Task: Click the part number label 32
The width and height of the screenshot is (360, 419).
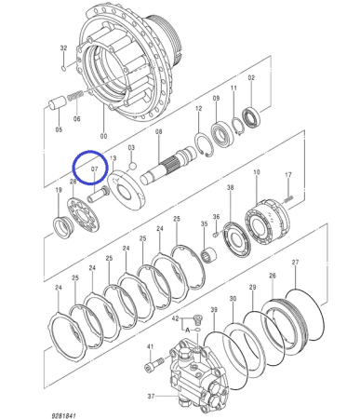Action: pyautogui.click(x=63, y=48)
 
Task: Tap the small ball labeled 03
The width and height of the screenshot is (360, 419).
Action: pyautogui.click(x=133, y=167)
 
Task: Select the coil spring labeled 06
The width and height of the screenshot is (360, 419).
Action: pyautogui.click(x=74, y=95)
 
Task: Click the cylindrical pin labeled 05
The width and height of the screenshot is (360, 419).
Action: pyautogui.click(x=58, y=102)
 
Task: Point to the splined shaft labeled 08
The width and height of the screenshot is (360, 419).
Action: pyautogui.click(x=168, y=167)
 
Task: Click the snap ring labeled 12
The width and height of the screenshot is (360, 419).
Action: pyautogui.click(x=205, y=144)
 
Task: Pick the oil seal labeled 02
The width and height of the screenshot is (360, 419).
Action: pyautogui.click(x=251, y=116)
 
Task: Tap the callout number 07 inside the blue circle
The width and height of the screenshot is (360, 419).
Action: pyautogui.click(x=94, y=169)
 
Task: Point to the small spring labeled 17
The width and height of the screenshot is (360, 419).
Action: pyautogui.click(x=288, y=199)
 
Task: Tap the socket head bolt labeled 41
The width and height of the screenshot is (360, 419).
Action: pyautogui.click(x=154, y=364)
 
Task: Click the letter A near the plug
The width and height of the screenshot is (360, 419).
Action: pyautogui.click(x=187, y=331)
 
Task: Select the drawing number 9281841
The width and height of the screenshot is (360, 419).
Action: pyautogui.click(x=63, y=415)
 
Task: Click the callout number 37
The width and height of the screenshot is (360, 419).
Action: pyautogui.click(x=151, y=396)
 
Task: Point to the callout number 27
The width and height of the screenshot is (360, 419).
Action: pyautogui.click(x=295, y=263)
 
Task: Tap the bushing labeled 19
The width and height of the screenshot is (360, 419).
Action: pyautogui.click(x=63, y=226)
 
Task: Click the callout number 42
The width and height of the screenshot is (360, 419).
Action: pyautogui.click(x=176, y=318)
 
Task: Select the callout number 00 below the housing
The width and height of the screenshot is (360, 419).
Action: pyautogui.click(x=103, y=136)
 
